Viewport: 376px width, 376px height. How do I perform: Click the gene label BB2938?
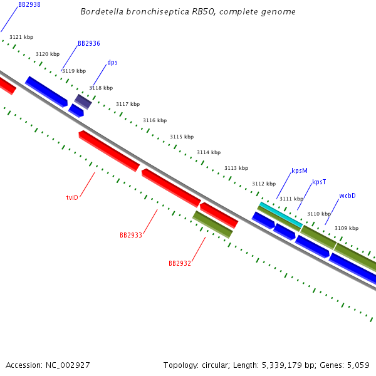tap(29, 4)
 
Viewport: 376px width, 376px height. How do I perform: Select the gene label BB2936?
tap(89, 44)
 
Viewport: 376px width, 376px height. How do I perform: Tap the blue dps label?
tap(112, 63)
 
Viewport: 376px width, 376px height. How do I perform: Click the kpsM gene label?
tap(300, 170)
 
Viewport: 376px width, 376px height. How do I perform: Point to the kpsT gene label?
tap(319, 182)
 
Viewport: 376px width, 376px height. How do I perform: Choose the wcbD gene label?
tap(347, 196)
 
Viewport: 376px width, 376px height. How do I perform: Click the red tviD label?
tap(72, 197)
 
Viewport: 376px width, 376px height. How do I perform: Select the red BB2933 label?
tap(131, 235)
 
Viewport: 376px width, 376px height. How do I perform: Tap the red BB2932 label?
tap(180, 263)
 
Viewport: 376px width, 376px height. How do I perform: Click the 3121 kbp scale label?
tap(21, 38)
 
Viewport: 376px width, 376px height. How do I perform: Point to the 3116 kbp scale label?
tap(155, 120)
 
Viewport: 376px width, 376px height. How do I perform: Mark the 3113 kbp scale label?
tap(236, 168)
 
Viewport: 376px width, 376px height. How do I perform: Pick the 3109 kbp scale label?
tap(347, 228)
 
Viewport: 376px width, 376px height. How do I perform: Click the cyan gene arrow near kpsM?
tap(281, 215)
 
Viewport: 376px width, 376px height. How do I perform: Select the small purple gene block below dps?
tap(83, 101)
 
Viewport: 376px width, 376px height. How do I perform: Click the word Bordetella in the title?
tap(102, 12)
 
